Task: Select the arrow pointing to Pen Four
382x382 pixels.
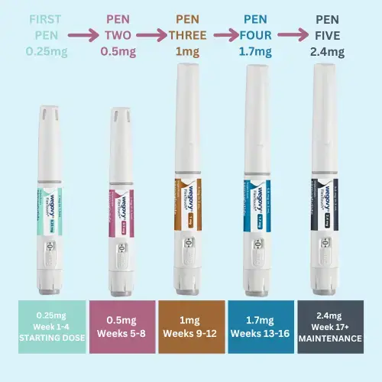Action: tap(224, 35)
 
